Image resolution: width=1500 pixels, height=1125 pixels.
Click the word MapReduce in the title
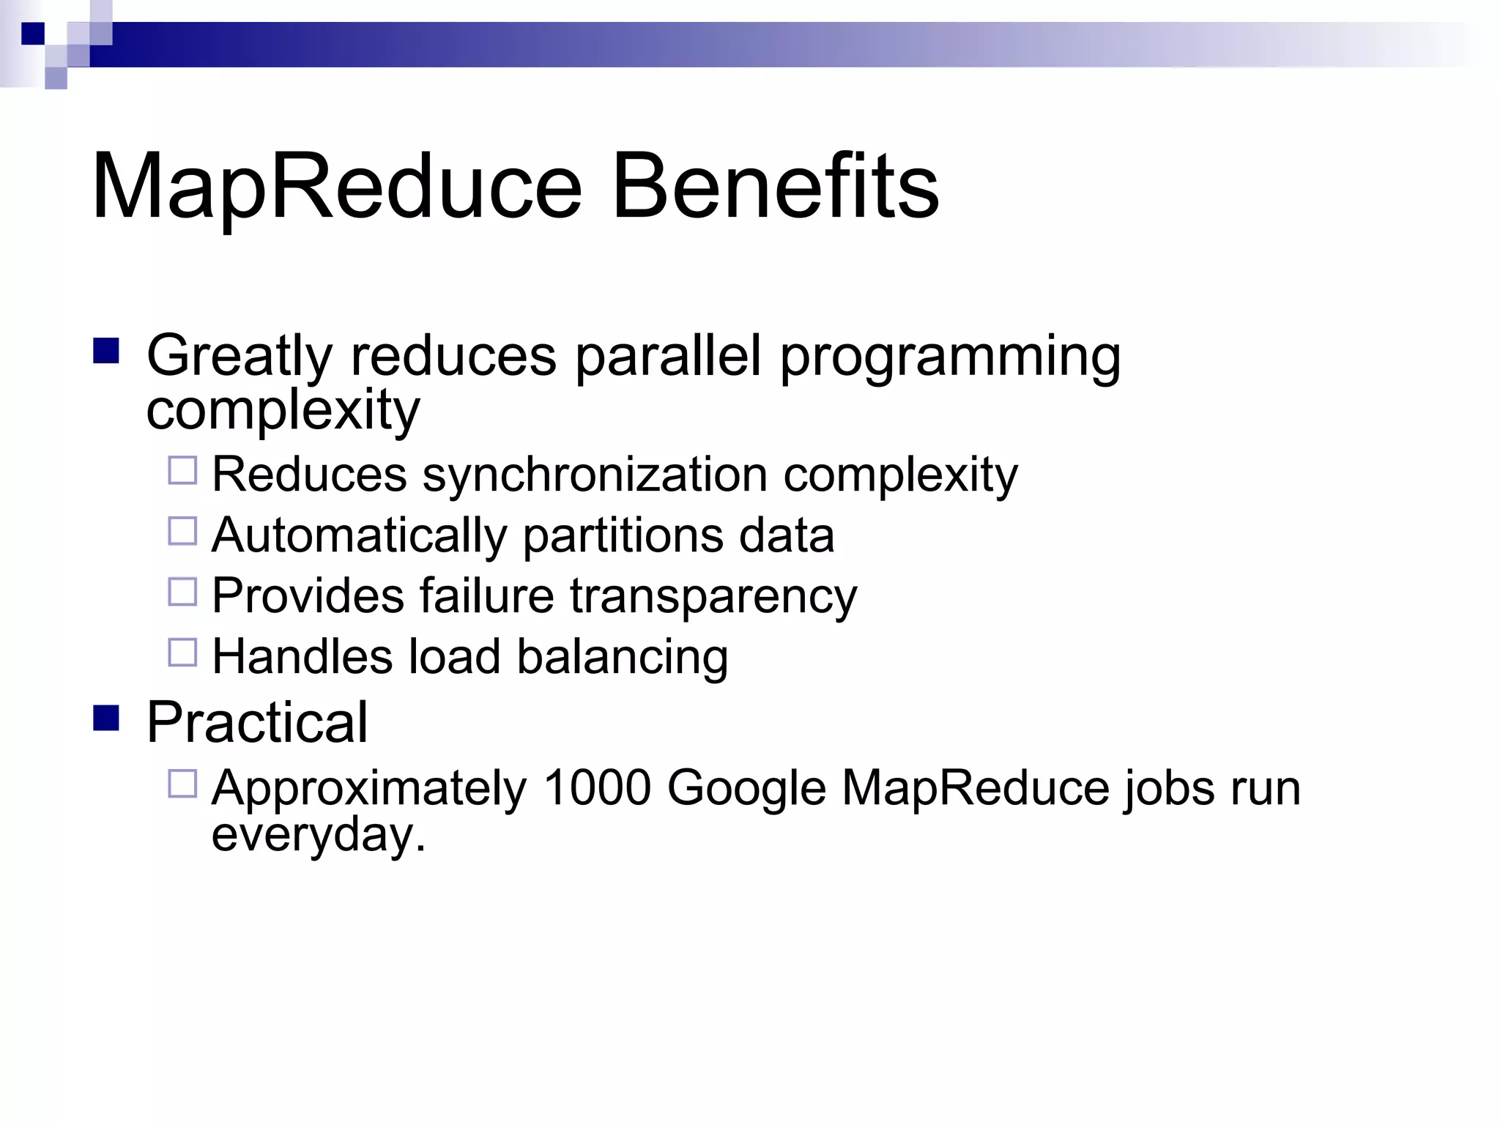point(337,187)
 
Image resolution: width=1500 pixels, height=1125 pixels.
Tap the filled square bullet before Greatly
point(106,351)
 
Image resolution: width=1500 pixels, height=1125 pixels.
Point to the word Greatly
point(240,357)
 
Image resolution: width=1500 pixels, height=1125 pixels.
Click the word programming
point(950,357)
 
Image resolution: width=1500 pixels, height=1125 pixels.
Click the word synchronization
point(595,475)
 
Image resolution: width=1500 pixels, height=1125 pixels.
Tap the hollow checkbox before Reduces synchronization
point(182,470)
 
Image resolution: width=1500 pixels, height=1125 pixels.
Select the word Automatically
point(359,535)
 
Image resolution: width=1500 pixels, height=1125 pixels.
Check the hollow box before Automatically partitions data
point(182,531)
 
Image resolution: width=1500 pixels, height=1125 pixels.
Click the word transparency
point(713,596)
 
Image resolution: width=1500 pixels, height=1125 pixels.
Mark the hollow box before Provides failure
point(182,592)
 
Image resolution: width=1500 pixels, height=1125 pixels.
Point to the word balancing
point(623,656)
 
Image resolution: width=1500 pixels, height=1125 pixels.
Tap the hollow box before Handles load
point(182,652)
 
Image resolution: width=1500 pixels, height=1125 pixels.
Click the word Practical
point(257,722)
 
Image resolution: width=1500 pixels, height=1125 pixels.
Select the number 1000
point(597,788)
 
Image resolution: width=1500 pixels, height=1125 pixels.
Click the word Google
point(746,790)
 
